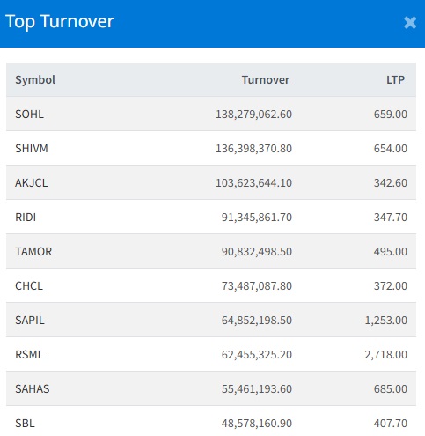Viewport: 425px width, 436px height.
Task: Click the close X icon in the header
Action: tap(410, 23)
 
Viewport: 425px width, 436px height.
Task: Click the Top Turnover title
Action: tap(60, 22)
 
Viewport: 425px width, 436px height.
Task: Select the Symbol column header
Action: tap(35, 79)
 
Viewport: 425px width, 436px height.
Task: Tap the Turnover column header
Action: tap(266, 79)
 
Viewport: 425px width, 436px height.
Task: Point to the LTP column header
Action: tap(396, 79)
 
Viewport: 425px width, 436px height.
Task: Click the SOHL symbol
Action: tap(29, 114)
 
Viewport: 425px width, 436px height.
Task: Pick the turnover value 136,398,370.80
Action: tap(253, 148)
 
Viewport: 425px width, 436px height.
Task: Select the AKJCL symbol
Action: tap(32, 182)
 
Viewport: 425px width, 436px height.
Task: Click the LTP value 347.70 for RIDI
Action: tap(391, 217)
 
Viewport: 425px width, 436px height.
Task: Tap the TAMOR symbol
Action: tap(33, 251)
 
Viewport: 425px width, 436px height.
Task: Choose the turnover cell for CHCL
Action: tap(257, 285)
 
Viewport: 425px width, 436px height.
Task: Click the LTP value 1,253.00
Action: tap(386, 320)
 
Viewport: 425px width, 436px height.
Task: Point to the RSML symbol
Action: tap(29, 354)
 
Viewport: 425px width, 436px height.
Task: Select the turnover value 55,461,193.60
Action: tap(257, 388)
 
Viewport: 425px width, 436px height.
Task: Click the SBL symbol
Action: tap(25, 423)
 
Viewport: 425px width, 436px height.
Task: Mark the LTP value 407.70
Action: tap(391, 423)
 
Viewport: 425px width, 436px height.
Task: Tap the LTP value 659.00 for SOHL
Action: tap(391, 114)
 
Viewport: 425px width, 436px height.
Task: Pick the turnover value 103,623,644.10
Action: tap(253, 182)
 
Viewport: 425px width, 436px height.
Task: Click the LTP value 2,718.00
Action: tap(386, 354)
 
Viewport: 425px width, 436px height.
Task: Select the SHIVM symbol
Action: tap(32, 148)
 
